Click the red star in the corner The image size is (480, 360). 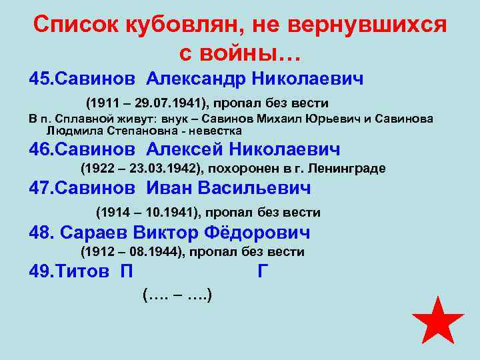click(437, 322)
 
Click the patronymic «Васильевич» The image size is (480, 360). click(257, 189)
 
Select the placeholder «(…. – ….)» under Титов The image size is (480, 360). click(177, 293)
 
